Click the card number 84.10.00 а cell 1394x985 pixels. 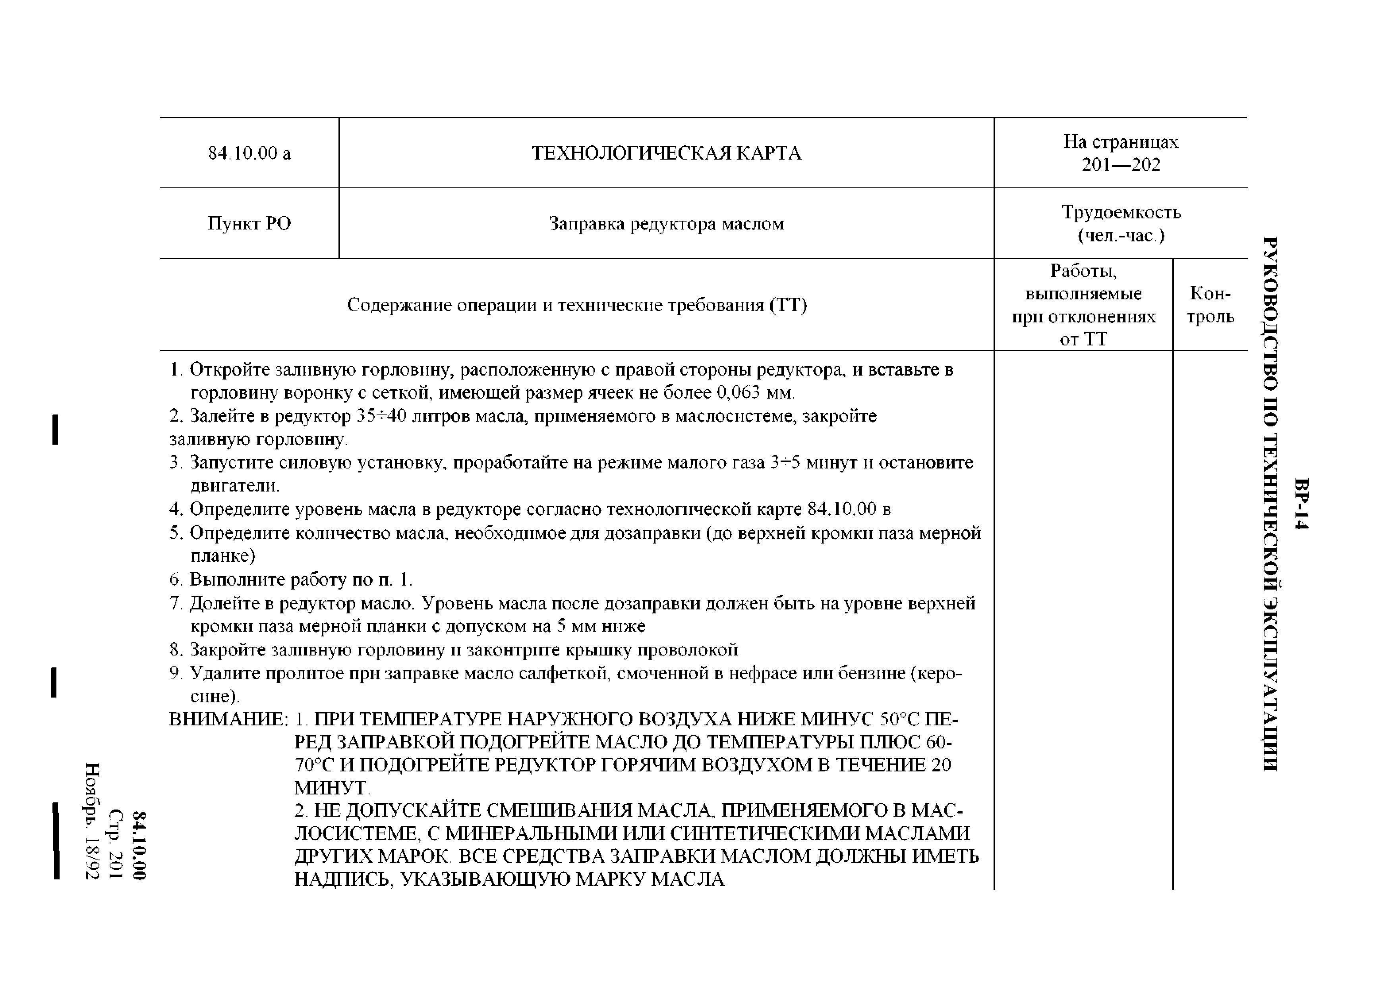coord(249,153)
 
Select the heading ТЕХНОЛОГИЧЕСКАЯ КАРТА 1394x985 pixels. coord(666,153)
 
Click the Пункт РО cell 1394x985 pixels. coord(249,224)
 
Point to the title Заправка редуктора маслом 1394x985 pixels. coord(666,224)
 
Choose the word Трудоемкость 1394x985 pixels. coord(1121,212)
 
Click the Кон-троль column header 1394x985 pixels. coord(1210,305)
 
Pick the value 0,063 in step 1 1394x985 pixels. coord(738,393)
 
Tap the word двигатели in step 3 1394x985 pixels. coord(234,486)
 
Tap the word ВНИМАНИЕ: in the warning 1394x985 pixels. coord(228,720)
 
